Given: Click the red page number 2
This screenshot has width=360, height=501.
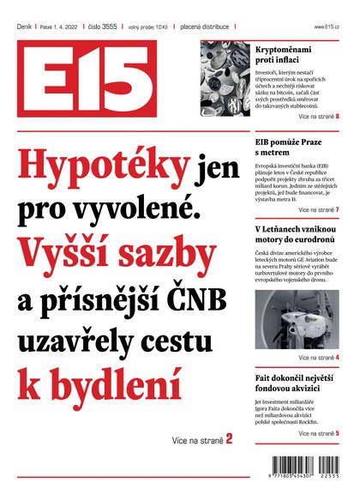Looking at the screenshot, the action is point(229,439).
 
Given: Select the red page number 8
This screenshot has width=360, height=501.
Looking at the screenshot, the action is point(337,115).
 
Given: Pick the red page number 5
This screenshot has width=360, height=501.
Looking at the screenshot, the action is point(337,434).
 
